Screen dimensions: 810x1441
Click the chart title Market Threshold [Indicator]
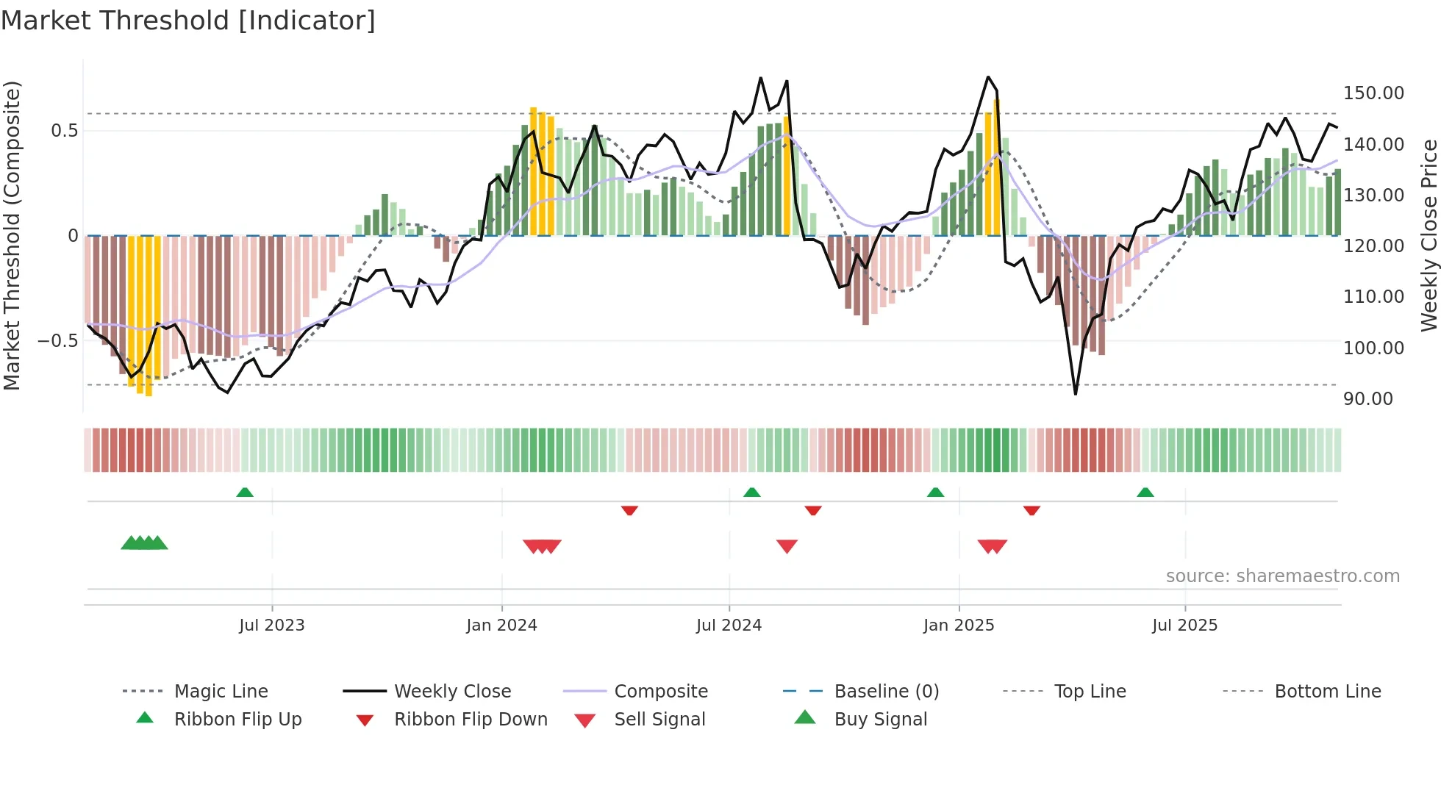coord(188,21)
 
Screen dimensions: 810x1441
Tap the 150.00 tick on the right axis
coord(1373,93)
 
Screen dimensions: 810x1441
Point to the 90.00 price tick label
coord(1367,399)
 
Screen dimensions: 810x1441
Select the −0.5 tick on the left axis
coord(57,341)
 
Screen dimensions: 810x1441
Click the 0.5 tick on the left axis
coord(64,131)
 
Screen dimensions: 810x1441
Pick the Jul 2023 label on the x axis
coord(271,626)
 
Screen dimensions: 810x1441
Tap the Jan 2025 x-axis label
coord(958,626)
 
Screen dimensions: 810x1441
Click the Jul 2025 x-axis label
coord(1184,626)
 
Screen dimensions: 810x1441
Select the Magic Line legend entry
coord(221,692)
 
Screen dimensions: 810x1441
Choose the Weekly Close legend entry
coord(452,692)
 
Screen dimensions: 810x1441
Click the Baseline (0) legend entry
coord(886,692)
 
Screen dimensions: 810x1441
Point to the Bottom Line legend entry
coord(1327,692)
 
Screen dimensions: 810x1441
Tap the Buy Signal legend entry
coord(880,720)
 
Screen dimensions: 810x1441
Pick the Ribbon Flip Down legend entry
coord(471,720)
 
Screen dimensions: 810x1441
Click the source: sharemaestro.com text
coord(1282,576)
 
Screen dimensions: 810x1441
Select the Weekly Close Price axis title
coord(1429,235)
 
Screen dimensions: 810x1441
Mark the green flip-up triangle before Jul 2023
coord(245,492)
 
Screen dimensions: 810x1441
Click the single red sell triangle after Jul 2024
coord(787,546)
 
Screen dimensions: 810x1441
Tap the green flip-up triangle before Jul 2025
coord(1145,492)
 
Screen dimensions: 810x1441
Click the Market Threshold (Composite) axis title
coord(12,235)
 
